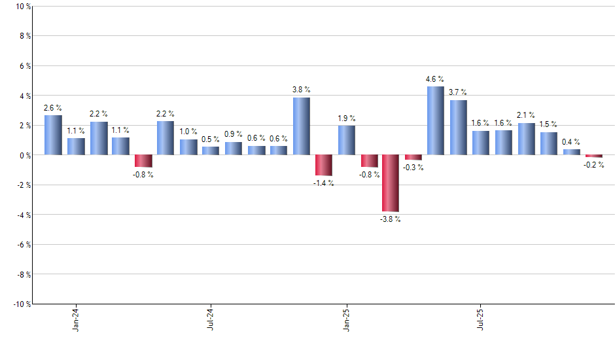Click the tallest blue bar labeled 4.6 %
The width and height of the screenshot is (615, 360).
pos(435,120)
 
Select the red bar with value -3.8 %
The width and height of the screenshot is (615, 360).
pos(391,183)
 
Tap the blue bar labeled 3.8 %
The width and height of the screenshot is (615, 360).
pos(301,126)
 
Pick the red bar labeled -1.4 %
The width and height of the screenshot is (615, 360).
pos(323,165)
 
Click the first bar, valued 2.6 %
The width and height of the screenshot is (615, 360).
pos(53,135)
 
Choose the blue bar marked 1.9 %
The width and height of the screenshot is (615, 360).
pos(346,140)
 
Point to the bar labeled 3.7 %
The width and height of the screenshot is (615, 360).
pos(458,127)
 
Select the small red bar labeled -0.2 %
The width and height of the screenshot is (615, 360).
pos(593,156)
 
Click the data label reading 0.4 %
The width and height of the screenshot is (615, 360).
pos(571,142)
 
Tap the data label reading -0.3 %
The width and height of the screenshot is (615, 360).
pos(413,168)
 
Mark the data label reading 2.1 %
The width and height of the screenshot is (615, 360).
pos(527,115)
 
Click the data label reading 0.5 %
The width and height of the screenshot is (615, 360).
pos(210,139)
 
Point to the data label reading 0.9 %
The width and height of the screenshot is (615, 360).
pos(233,134)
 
